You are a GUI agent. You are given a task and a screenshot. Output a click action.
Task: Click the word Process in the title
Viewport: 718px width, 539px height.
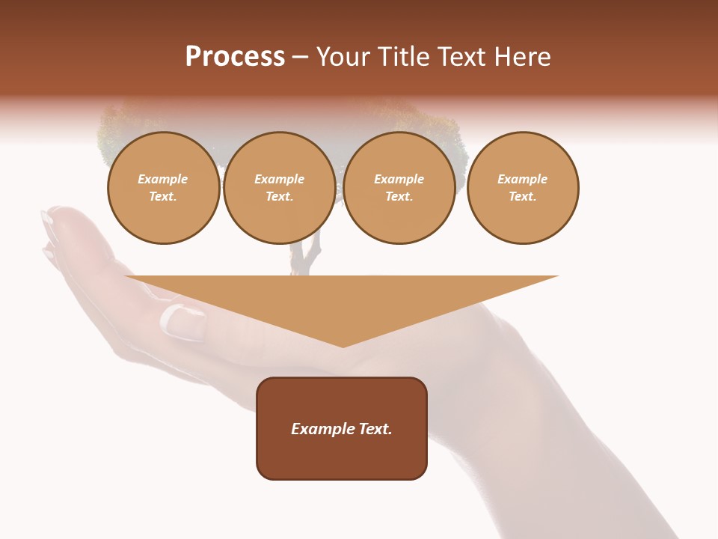pyautogui.click(x=235, y=57)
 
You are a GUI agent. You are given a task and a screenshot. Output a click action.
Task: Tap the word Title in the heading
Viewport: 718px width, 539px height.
pyautogui.click(x=401, y=57)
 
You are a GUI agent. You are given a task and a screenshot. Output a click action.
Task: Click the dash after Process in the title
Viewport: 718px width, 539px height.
pyautogui.click(x=300, y=58)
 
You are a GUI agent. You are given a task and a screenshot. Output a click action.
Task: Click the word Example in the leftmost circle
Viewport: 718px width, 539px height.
pyautogui.click(x=163, y=179)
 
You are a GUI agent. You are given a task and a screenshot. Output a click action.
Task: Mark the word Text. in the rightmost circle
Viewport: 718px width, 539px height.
pyautogui.click(x=522, y=196)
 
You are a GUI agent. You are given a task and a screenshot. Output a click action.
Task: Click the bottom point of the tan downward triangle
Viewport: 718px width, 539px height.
pyautogui.click(x=343, y=346)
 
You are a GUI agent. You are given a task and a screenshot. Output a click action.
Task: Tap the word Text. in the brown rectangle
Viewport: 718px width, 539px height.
pyautogui.click(x=375, y=429)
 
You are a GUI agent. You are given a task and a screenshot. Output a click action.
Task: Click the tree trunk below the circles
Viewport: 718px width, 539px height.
pyautogui.click(x=307, y=255)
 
